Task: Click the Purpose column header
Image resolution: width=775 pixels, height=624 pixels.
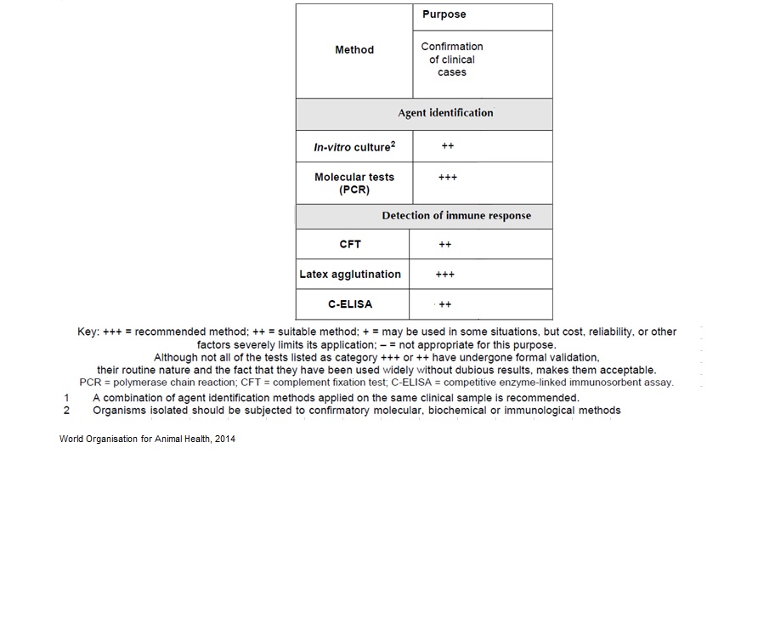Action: click(x=444, y=14)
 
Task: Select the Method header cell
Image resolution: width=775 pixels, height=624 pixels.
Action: click(x=354, y=50)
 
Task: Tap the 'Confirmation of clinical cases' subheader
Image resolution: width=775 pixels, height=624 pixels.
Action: click(x=452, y=60)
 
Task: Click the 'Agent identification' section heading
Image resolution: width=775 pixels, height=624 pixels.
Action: click(x=445, y=113)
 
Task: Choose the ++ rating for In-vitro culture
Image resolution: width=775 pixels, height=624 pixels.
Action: click(x=448, y=146)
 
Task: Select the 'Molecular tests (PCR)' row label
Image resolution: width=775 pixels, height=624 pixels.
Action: click(x=354, y=183)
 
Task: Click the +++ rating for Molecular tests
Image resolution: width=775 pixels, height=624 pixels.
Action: click(x=448, y=178)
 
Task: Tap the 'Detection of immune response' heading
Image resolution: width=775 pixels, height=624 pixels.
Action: click(x=456, y=216)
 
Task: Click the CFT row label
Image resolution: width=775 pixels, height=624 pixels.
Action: click(x=350, y=244)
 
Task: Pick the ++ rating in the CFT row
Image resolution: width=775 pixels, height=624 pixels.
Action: click(x=445, y=245)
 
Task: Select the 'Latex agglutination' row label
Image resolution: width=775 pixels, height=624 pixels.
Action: click(x=350, y=275)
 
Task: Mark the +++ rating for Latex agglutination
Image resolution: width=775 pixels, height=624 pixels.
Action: click(x=445, y=275)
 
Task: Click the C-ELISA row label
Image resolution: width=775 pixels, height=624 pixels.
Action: click(x=350, y=304)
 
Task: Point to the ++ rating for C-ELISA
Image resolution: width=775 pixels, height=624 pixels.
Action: click(x=445, y=304)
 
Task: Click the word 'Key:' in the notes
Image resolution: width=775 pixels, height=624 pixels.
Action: click(x=88, y=332)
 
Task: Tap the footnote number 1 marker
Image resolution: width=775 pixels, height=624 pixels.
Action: click(x=67, y=398)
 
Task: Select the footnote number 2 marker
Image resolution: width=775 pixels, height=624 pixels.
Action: click(x=67, y=411)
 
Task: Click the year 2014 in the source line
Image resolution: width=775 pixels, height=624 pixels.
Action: click(x=224, y=440)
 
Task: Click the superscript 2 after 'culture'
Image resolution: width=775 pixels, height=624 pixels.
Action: click(x=393, y=144)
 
